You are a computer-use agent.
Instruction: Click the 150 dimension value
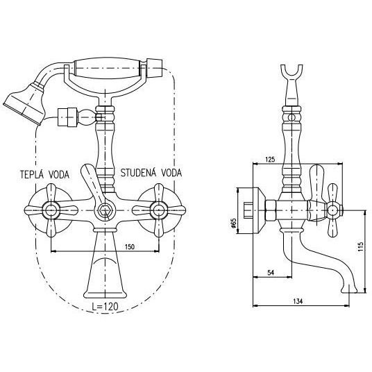point(130,247)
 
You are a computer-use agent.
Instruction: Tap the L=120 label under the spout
point(105,306)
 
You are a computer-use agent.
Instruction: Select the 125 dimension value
point(270,159)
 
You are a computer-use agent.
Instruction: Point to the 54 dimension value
point(271,273)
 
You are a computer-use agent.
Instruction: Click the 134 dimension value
point(298,301)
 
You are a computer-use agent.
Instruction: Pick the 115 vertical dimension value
point(361,247)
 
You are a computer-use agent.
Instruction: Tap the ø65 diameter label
point(233,223)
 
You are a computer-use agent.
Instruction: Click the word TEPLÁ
point(31,174)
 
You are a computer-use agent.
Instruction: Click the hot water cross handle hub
point(51,210)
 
